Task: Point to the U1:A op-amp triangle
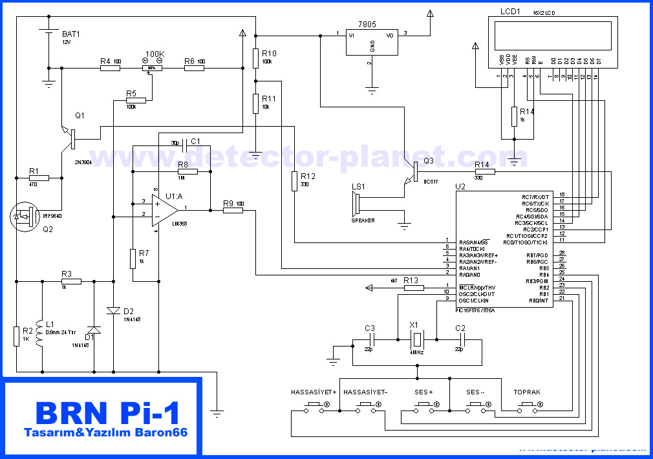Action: pos(164,208)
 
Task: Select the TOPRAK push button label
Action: pos(527,392)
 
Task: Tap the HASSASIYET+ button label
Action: pos(314,392)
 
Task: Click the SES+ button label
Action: pos(423,392)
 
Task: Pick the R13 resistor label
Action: pos(411,280)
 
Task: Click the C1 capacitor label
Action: pos(195,141)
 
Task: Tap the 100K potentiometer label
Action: pos(155,54)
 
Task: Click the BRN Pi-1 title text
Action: pos(107,412)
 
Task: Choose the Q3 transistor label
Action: pos(429,161)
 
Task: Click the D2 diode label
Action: pos(128,310)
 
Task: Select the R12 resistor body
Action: pos(295,181)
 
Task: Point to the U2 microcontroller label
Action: pos(460,186)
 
